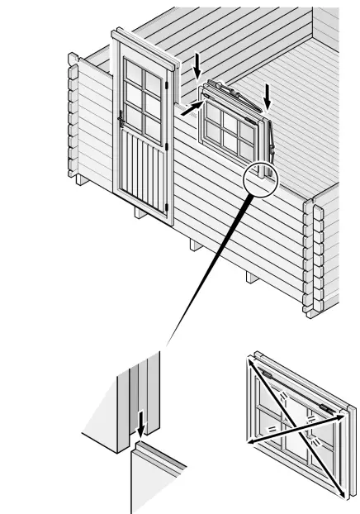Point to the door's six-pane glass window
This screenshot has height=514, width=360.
point(143,99)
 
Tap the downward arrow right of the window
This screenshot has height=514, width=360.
point(268,95)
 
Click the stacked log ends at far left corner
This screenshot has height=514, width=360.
point(73,116)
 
